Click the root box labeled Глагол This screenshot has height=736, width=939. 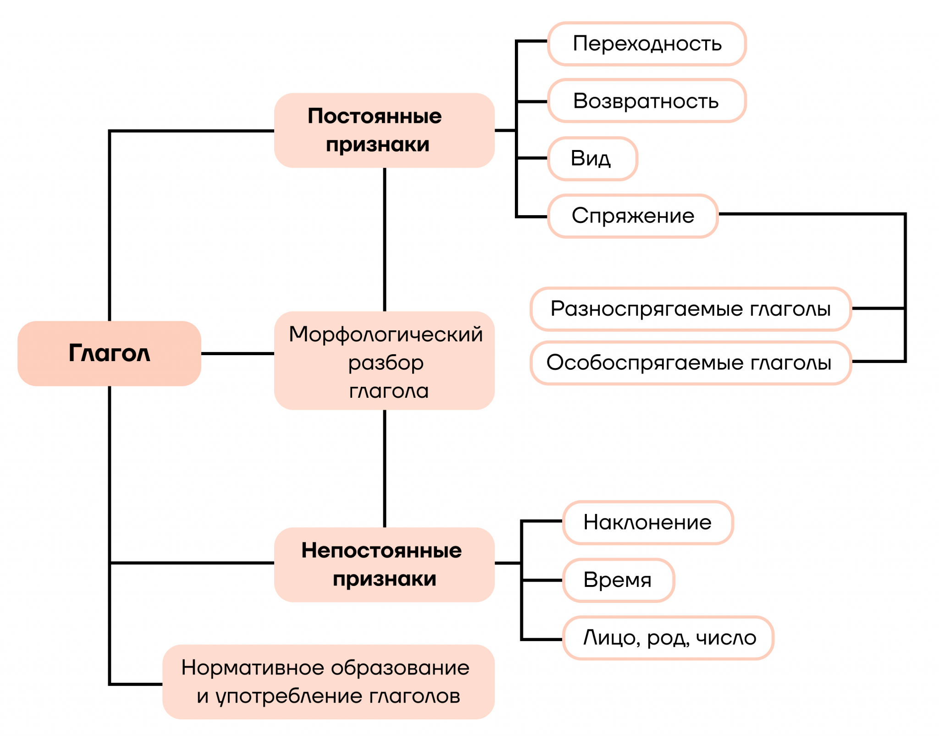[109, 353]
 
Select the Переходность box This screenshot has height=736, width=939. [646, 44]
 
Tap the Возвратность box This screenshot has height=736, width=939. [646, 101]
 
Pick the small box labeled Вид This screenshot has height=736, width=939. [592, 159]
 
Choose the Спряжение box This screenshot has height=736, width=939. [633, 216]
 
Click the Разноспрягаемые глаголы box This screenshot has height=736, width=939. [690, 309]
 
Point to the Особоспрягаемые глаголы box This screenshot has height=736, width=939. [690, 363]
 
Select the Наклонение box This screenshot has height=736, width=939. [647, 523]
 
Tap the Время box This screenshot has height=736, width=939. [618, 580]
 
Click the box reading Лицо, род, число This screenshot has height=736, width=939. [668, 638]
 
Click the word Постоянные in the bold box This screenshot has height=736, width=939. [375, 116]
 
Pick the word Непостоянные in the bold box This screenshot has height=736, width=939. [381, 550]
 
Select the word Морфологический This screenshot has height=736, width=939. [386, 335]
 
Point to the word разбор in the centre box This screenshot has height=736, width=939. [386, 363]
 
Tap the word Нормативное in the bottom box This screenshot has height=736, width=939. [254, 668]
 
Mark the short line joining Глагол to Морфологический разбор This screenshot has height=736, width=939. [238, 353]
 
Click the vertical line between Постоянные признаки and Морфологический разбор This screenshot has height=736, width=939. [384, 239]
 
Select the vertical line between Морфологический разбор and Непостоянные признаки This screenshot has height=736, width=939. [384, 468]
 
